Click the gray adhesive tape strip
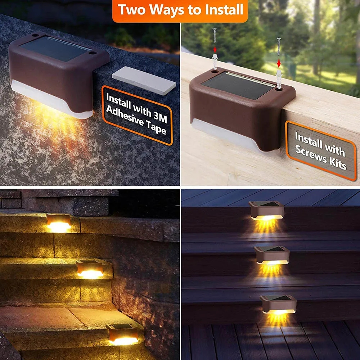click(144, 81)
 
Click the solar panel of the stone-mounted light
click(56, 49)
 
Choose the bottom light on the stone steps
click(122, 334)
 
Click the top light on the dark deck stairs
click(266, 211)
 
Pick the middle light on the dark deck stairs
click(272, 256)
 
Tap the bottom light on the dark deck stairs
click(278, 305)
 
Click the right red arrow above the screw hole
click(278, 63)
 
